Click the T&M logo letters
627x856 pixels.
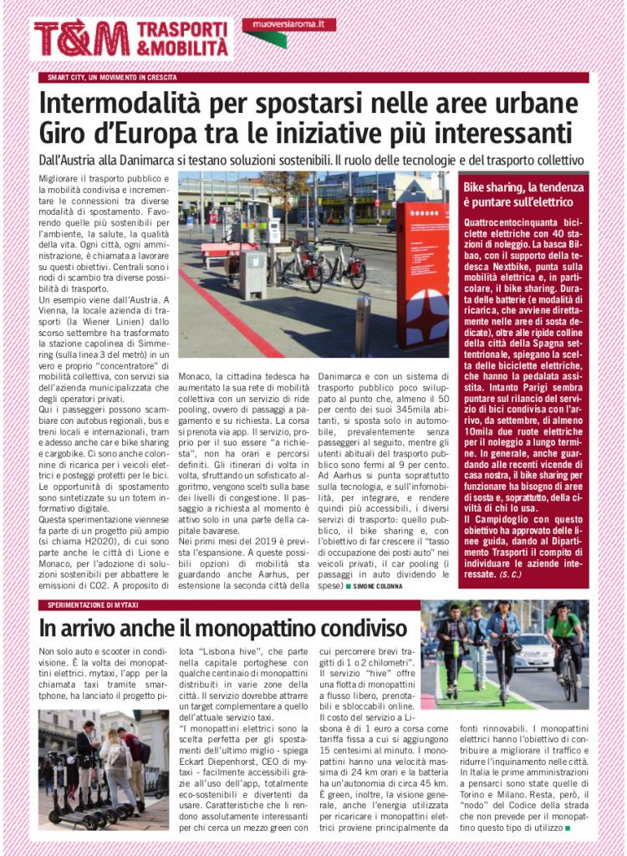pyautogui.click(x=81, y=38)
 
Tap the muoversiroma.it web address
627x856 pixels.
pyautogui.click(x=288, y=25)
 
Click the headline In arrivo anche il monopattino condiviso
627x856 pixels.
pyautogui.click(x=223, y=627)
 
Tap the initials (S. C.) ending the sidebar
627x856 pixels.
pyautogui.click(x=509, y=576)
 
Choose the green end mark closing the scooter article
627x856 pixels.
pyautogui.click(x=568, y=828)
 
